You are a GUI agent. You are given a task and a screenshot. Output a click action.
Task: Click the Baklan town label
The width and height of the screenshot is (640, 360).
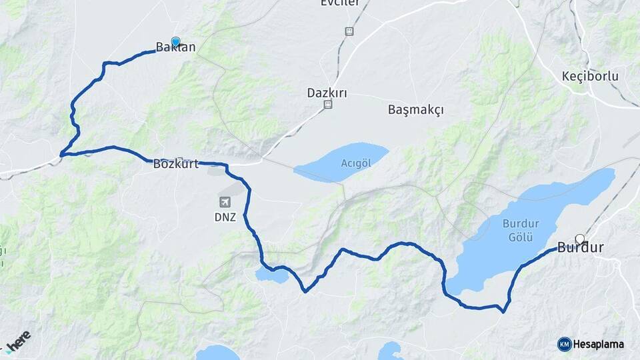click(175, 47)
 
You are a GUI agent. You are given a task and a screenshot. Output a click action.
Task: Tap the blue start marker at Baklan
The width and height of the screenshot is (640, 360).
click(175, 41)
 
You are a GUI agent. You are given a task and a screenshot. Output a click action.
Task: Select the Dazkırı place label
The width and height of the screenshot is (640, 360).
click(327, 93)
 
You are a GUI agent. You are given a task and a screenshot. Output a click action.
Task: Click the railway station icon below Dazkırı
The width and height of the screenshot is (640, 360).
click(327, 105)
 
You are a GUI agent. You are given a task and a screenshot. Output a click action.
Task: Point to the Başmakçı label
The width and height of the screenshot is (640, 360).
click(415, 110)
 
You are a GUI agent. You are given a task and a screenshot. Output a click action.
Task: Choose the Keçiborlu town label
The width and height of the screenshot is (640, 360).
click(590, 76)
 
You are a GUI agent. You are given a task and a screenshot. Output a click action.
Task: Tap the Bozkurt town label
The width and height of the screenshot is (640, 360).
click(176, 163)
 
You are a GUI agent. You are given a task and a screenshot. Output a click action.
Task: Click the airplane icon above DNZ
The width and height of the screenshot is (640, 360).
click(225, 201)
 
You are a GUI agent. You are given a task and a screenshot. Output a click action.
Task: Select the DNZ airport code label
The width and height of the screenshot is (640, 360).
click(225, 217)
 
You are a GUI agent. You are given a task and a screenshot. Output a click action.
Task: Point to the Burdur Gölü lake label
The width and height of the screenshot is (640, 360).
click(521, 230)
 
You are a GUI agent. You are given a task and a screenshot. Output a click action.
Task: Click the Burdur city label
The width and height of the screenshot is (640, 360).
click(580, 248)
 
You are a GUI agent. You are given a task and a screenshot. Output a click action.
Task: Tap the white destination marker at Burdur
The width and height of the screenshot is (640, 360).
click(579, 238)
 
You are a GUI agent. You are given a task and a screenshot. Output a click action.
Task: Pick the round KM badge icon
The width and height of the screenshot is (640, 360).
click(564, 344)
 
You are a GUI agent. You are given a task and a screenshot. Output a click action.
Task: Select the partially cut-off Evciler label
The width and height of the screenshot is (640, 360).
click(340, 3)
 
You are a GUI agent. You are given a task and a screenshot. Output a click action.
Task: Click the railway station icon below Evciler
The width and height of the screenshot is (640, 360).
click(349, 31)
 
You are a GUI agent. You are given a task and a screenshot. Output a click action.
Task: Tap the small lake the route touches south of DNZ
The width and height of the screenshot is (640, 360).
click(272, 275)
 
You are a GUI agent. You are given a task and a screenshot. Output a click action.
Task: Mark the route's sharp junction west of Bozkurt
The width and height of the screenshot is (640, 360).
click(62, 155)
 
